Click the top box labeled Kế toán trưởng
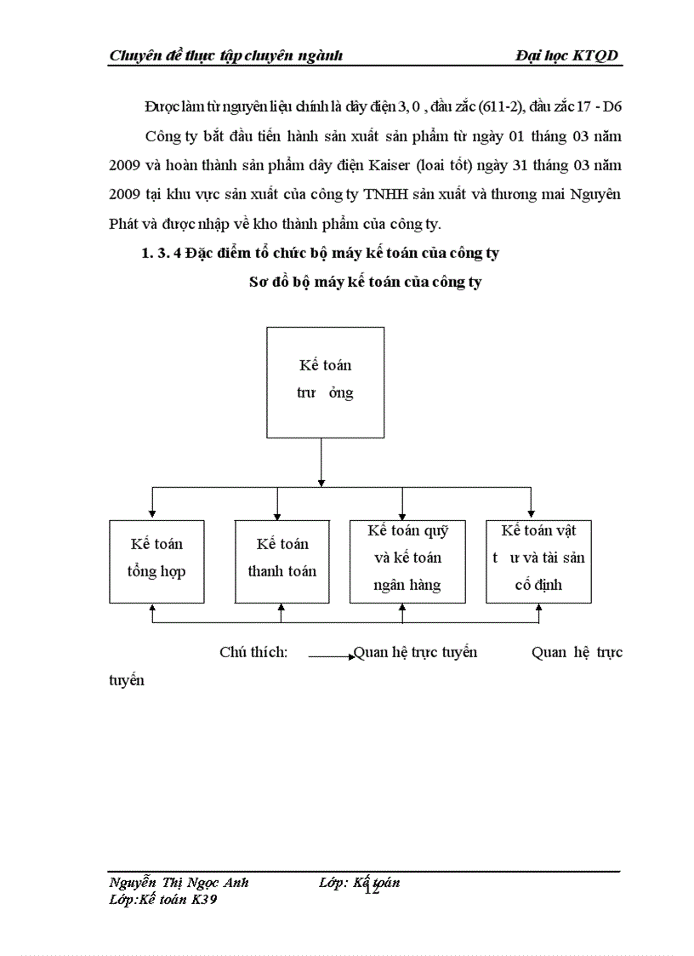(x=321, y=379)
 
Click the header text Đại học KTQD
(x=566, y=56)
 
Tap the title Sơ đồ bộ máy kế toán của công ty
(x=364, y=283)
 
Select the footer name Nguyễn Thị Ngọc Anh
(x=179, y=883)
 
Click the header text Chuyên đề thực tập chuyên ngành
(x=226, y=56)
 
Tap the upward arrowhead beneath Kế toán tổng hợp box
(x=152, y=609)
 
